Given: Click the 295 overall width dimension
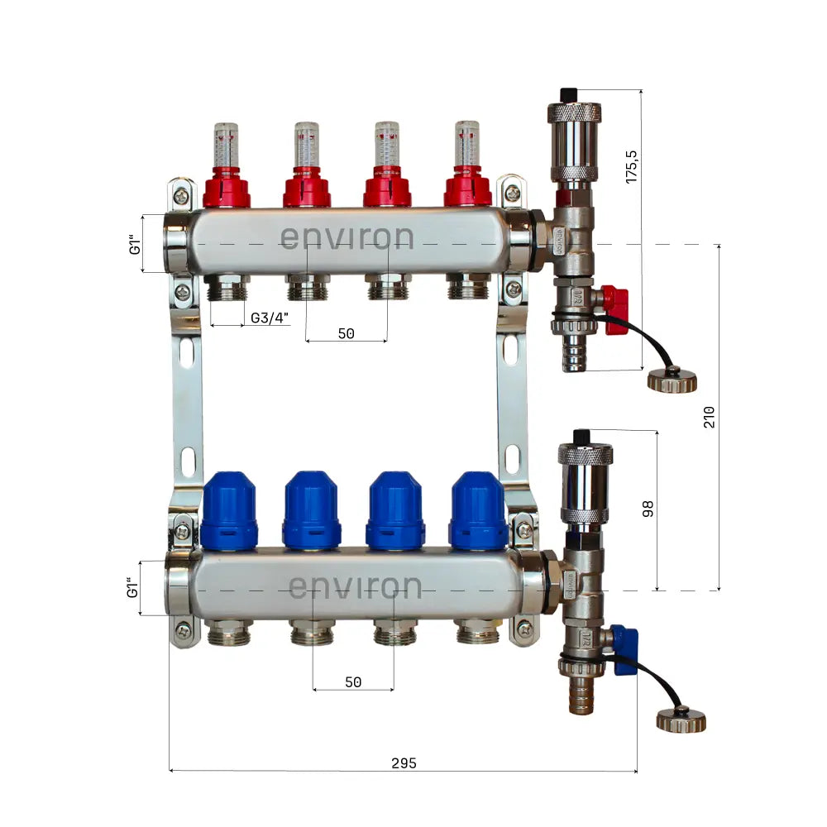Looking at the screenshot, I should (x=404, y=762).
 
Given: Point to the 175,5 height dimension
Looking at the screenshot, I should (x=631, y=166).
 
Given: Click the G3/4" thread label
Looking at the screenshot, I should (x=270, y=318).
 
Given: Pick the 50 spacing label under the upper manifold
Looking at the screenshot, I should (x=346, y=333).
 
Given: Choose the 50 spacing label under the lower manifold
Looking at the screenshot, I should (x=353, y=682).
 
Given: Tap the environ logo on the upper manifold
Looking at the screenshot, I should (x=347, y=237).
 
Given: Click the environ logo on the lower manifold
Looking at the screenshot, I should (x=355, y=587).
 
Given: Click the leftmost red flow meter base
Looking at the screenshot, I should (x=226, y=189).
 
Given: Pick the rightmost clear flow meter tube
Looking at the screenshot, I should (x=467, y=142).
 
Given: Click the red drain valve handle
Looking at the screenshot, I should (x=615, y=310).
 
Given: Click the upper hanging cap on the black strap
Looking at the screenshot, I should (x=672, y=380).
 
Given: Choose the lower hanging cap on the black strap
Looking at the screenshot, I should (x=681, y=719).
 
